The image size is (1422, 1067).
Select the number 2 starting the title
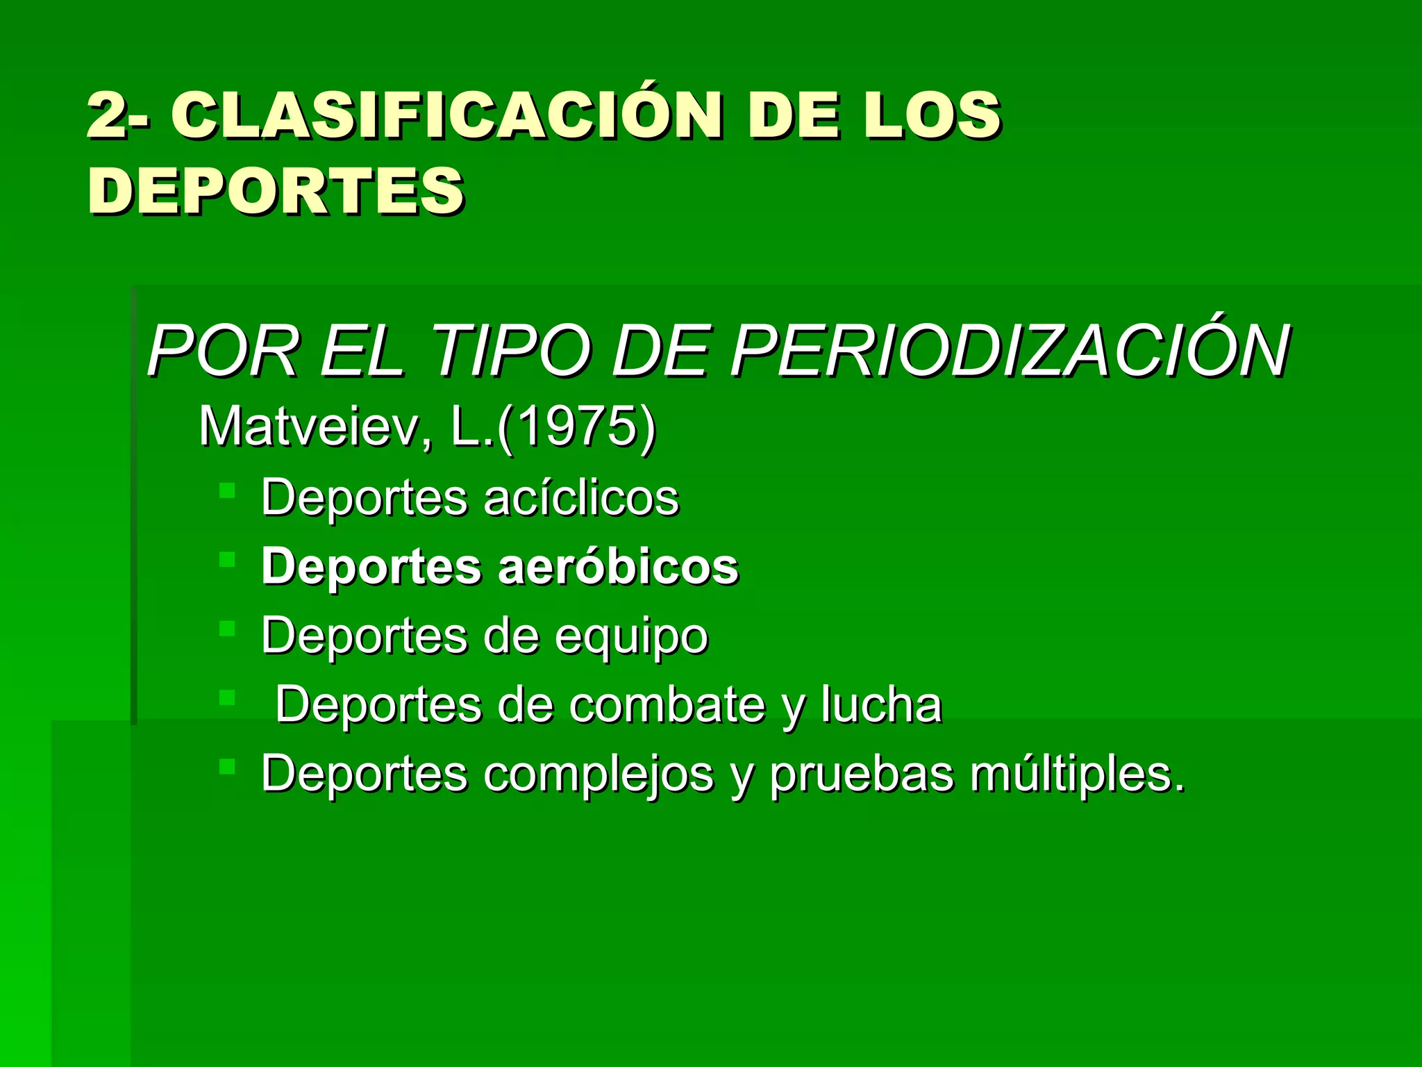[x=107, y=116]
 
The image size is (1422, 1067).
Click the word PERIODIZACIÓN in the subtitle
[x=1010, y=352]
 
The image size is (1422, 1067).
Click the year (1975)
[x=576, y=427]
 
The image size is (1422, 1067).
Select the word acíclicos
[x=581, y=497]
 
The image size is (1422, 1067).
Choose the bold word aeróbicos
[x=618, y=566]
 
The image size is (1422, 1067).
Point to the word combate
[x=667, y=705]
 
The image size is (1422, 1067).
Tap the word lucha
[x=881, y=705]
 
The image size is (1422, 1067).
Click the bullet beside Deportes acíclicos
[x=227, y=491]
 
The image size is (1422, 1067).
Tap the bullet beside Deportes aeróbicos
[x=227, y=560]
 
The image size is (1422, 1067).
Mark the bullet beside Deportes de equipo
[x=227, y=629]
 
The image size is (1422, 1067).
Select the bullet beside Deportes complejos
[x=227, y=766]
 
